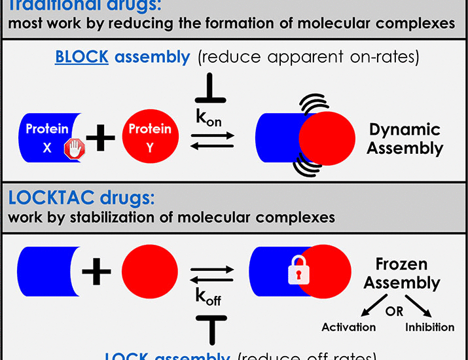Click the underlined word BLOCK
(x=82, y=56)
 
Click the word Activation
(x=348, y=327)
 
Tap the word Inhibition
(x=431, y=327)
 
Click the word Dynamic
(x=404, y=129)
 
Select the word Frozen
(x=402, y=264)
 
